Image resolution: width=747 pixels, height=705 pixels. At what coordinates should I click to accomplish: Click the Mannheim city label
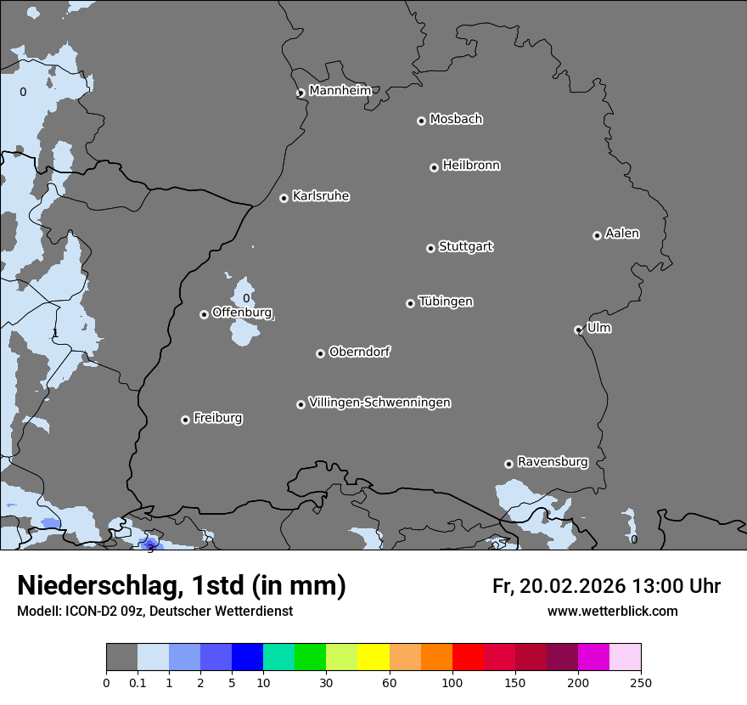pyautogui.click(x=340, y=91)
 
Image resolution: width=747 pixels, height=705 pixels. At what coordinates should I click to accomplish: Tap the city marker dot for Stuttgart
pyautogui.click(x=430, y=248)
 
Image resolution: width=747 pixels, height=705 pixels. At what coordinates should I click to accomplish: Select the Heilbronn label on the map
pyautogui.click(x=471, y=166)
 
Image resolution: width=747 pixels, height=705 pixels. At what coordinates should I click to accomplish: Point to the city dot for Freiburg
pyautogui.click(x=185, y=420)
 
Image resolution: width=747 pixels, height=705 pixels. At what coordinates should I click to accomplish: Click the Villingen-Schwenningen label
pyautogui.click(x=379, y=403)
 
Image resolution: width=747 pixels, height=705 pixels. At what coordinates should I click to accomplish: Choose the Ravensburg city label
pyautogui.click(x=553, y=462)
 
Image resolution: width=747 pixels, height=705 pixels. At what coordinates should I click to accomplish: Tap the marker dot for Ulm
pyautogui.click(x=578, y=330)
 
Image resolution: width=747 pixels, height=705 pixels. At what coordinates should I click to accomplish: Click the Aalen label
pyautogui.click(x=622, y=234)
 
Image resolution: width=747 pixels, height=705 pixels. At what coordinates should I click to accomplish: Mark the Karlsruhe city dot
pyautogui.click(x=284, y=198)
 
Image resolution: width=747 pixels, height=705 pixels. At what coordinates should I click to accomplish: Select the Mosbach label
pyautogui.click(x=456, y=120)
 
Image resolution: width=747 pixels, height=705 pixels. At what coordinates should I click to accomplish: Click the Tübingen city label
pyautogui.click(x=446, y=302)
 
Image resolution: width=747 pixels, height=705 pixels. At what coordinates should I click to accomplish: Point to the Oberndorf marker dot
pyautogui.click(x=320, y=353)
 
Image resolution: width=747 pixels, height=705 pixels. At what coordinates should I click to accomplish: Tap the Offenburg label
pyautogui.click(x=242, y=313)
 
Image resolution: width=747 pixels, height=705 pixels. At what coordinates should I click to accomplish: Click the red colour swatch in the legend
pyautogui.click(x=468, y=657)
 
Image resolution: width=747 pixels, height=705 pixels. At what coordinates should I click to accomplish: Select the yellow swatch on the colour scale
pyautogui.click(x=373, y=657)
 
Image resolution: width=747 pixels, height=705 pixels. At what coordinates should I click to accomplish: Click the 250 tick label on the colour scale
pyautogui.click(x=641, y=681)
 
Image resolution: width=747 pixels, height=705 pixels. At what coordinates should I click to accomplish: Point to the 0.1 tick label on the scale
pyautogui.click(x=138, y=681)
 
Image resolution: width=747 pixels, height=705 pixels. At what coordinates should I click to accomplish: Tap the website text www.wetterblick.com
pyautogui.click(x=612, y=611)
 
